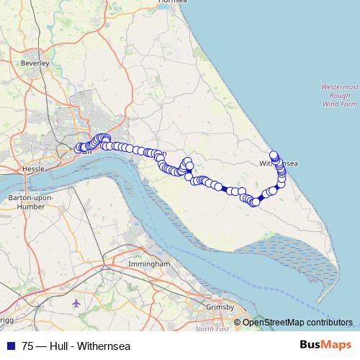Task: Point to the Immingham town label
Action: [148, 264]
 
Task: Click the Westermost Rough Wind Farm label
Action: [340, 95]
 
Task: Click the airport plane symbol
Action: [78, 302]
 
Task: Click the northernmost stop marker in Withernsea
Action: [274, 154]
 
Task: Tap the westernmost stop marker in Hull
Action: [78, 149]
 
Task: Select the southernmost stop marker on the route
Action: [254, 203]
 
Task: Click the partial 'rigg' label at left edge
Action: [6, 318]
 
